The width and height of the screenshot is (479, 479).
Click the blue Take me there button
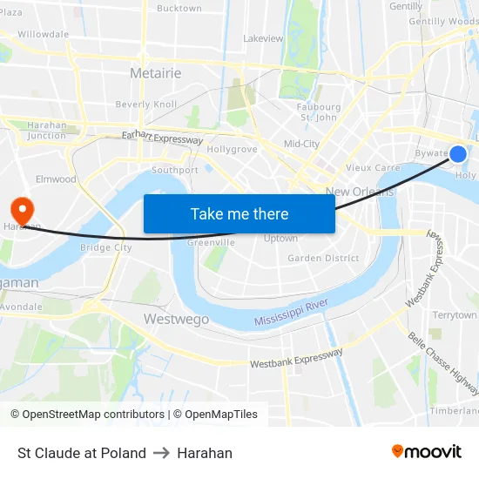click(x=239, y=213)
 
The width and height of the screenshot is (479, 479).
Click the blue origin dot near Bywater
click(x=458, y=154)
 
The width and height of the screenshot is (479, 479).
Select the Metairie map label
click(x=155, y=73)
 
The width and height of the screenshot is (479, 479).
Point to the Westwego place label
click(x=176, y=320)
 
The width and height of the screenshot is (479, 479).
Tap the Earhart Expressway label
click(x=162, y=138)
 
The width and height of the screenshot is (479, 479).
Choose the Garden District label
click(x=323, y=258)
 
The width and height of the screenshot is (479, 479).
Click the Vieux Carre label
click(x=373, y=167)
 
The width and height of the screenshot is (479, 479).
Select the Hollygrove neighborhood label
click(x=232, y=149)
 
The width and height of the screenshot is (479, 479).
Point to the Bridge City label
click(x=105, y=247)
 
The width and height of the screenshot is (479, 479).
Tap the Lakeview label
click(x=263, y=38)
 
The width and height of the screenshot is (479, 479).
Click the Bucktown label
click(x=179, y=9)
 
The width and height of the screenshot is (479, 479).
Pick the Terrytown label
click(x=455, y=314)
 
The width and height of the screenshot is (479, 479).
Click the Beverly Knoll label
click(x=145, y=104)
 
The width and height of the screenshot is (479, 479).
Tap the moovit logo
click(x=426, y=452)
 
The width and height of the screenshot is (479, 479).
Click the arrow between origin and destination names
click(x=161, y=453)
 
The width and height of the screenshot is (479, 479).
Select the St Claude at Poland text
click(x=82, y=453)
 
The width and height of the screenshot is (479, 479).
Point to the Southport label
click(x=174, y=170)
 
